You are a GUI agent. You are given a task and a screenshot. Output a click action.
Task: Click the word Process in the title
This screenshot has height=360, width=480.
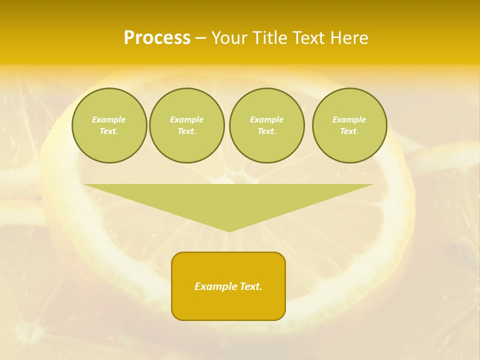click(x=157, y=38)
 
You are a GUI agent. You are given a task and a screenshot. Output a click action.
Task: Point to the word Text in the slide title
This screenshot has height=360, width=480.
click(x=312, y=38)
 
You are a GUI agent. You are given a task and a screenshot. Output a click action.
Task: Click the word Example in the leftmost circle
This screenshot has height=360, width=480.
click(x=109, y=119)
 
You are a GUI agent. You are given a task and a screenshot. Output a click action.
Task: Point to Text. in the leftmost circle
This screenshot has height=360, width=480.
click(x=109, y=131)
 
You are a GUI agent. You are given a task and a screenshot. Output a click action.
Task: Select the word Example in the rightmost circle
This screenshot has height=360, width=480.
click(x=349, y=119)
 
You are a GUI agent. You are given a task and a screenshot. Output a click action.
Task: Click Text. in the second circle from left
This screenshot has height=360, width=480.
click(x=187, y=131)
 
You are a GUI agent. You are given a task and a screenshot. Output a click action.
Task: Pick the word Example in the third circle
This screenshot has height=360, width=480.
click(x=267, y=119)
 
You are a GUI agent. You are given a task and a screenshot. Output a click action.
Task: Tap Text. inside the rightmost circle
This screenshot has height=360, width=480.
click(x=349, y=131)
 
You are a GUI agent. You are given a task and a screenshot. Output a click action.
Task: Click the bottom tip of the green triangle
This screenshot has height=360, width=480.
click(x=229, y=230)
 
